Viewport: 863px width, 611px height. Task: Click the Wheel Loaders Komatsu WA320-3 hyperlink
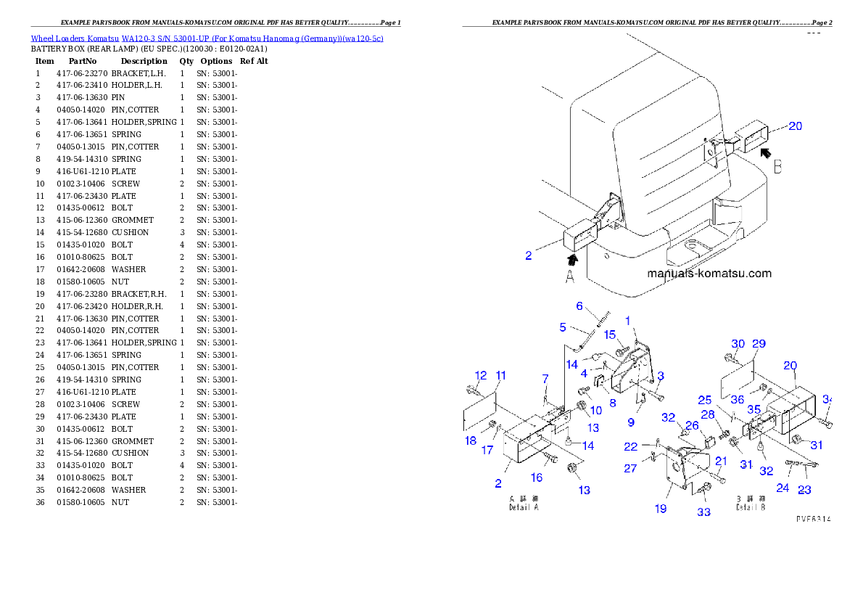pos(207,38)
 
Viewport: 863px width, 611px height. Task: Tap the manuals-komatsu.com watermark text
pos(709,274)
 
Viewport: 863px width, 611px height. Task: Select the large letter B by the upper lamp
pos(777,167)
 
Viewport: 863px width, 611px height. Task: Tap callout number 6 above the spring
pos(579,306)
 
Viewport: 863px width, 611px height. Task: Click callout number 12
pos(480,375)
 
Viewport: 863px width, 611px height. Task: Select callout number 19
pos(661,509)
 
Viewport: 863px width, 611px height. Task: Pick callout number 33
pos(703,512)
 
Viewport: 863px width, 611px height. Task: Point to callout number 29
pos(759,343)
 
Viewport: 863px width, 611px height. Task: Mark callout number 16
pos(537,477)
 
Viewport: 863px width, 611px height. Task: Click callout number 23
pos(804,490)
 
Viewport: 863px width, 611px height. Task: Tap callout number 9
pos(630,422)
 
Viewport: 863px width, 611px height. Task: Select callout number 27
pos(630,468)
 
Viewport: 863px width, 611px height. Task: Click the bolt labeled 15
pos(621,351)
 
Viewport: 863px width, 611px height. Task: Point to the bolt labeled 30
pos(729,357)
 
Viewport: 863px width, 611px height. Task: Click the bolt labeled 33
pos(701,493)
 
